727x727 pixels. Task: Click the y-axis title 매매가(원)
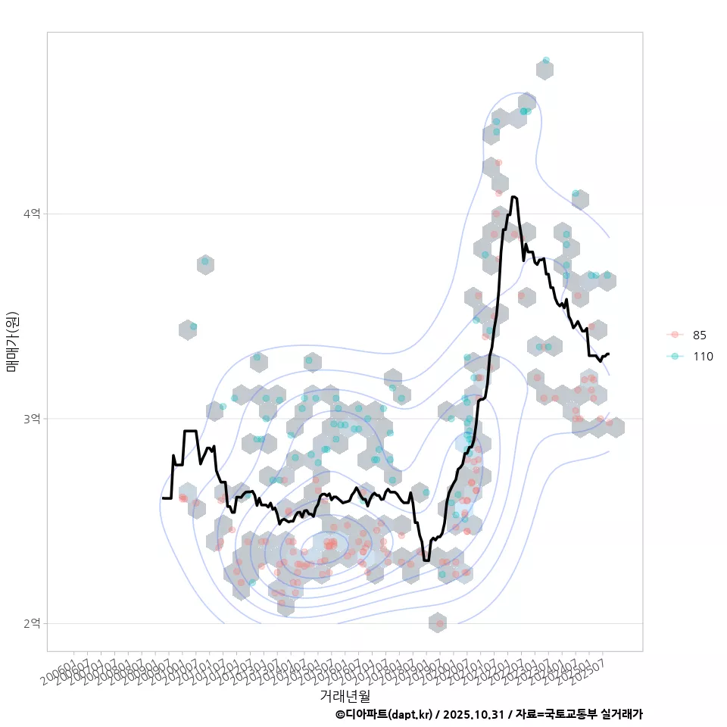pos(12,342)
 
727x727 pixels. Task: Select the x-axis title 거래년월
pos(345,694)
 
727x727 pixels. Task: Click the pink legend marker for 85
pos(675,335)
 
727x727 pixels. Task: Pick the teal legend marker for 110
pos(675,356)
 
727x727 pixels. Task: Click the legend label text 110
pos(703,356)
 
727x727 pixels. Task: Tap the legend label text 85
pos(700,335)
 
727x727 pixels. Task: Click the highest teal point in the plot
pos(546,61)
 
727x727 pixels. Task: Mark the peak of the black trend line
pos(514,197)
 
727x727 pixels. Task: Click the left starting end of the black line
pos(163,498)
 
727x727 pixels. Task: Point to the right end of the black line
pos(608,354)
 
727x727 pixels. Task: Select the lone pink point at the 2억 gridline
pos(438,623)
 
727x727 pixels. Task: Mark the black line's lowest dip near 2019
pos(426,560)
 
